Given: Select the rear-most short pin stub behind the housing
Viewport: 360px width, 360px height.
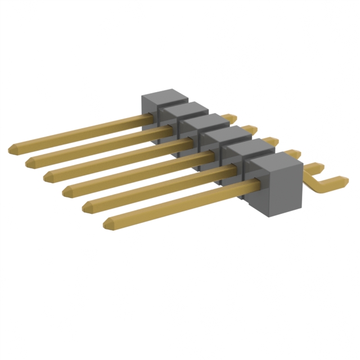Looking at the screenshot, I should coord(229,118).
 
